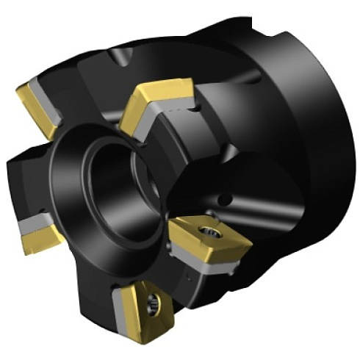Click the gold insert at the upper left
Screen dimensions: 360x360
pos(32,107)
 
